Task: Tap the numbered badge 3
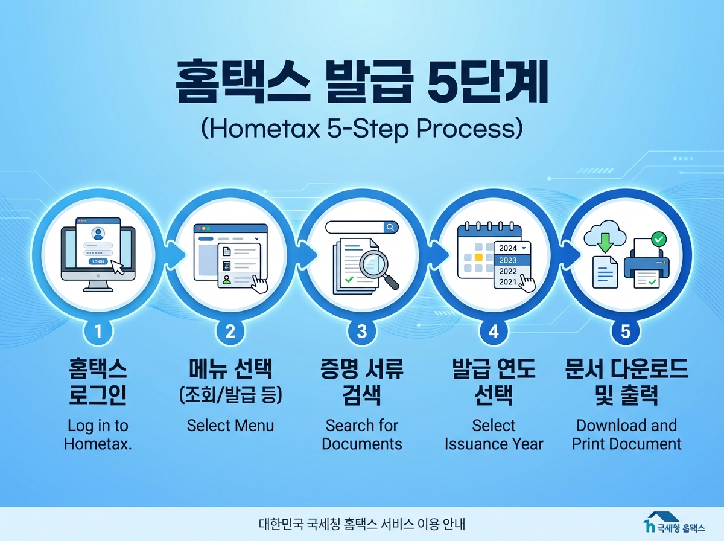(x=362, y=331)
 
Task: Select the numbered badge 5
(x=626, y=331)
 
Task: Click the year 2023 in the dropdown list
(x=509, y=260)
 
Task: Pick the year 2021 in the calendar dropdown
(x=509, y=281)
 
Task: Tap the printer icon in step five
(x=646, y=264)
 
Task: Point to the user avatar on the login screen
(x=97, y=233)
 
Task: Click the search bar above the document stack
(x=362, y=227)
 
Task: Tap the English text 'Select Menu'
(x=230, y=425)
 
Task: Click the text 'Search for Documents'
(x=362, y=435)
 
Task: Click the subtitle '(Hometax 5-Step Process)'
(x=362, y=129)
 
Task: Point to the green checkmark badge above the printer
(x=659, y=240)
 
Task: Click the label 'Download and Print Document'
(x=626, y=435)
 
